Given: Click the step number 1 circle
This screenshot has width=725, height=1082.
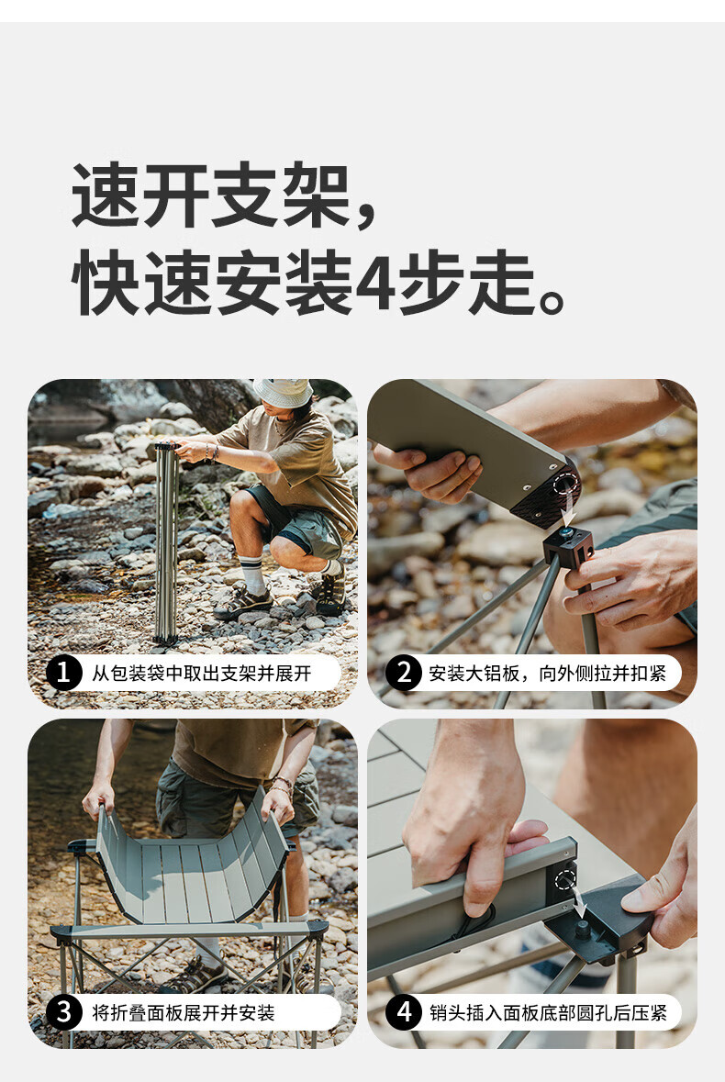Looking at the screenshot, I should point(63,674).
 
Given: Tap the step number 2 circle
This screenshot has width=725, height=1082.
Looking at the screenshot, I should point(403,674).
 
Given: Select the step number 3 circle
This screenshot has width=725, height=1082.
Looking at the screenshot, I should point(63,1013).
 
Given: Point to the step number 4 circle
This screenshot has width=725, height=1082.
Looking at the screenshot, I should point(403,1013).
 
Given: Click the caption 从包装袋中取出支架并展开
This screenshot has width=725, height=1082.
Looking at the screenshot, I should point(201,674).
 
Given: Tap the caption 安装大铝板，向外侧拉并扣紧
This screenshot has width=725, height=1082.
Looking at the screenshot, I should point(547,674).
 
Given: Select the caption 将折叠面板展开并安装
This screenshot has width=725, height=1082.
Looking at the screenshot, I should point(183,1013).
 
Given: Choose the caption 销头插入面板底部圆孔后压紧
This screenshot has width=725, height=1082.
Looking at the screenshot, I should point(548,1013).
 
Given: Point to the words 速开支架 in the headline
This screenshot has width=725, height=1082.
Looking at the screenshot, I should point(211,195).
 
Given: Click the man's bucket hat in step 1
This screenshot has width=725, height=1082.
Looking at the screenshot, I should point(283,392).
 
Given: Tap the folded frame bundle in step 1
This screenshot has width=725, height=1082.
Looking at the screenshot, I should point(166,541).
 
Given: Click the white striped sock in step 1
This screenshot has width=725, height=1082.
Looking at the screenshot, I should point(252,574).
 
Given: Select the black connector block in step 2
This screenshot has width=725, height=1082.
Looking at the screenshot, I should point(568,549).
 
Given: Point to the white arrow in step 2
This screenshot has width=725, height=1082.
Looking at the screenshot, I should point(568,506).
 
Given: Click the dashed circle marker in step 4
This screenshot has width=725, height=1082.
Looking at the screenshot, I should point(565,879).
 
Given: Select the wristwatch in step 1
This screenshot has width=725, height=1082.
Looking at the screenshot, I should point(214,452).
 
